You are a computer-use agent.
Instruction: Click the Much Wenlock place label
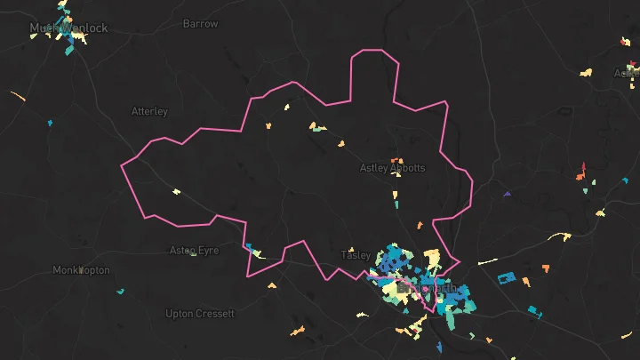68,28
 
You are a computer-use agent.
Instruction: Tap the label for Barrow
200,24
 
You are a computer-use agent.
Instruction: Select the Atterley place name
149,111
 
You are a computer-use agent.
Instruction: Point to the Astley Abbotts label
392,168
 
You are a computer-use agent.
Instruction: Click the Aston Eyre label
194,251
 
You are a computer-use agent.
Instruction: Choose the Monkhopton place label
81,269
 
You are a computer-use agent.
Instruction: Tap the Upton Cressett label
200,314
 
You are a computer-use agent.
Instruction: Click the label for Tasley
356,255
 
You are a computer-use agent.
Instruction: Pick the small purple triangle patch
507,194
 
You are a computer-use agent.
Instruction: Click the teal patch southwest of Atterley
50,122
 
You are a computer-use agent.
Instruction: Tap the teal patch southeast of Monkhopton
121,291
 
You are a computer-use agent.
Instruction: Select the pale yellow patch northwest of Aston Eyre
176,191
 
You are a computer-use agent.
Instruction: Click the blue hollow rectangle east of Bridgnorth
506,277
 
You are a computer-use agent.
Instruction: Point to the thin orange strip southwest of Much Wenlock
17,94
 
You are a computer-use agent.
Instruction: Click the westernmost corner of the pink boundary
122,164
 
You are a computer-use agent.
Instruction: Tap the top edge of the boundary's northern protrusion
373,49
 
